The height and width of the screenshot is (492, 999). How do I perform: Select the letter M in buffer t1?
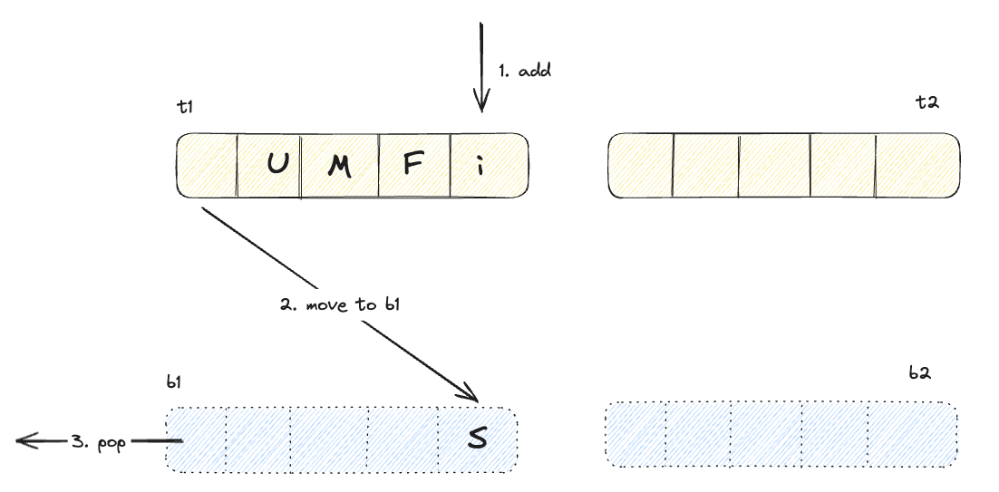pyautogui.click(x=339, y=167)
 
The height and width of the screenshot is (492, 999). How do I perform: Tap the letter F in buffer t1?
pyautogui.click(x=410, y=165)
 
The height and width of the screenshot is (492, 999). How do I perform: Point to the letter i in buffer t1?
pyautogui.click(x=480, y=165)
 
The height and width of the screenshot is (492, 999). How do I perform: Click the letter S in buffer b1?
pyautogui.click(x=477, y=439)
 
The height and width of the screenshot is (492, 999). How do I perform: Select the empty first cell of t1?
pyautogui.click(x=207, y=165)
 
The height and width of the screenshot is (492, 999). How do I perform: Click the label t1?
pyautogui.click(x=185, y=107)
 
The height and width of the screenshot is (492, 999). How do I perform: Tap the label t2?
pyautogui.click(x=926, y=101)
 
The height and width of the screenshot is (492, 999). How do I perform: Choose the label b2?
pyautogui.click(x=921, y=372)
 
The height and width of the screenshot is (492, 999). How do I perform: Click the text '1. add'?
pyautogui.click(x=524, y=71)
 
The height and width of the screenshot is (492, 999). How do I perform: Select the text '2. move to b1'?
pyautogui.click(x=340, y=304)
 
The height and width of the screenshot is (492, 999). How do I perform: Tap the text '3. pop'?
pyautogui.click(x=100, y=441)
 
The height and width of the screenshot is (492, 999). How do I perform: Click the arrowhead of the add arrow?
pyautogui.click(x=480, y=106)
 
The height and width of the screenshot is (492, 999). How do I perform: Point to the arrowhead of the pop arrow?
pyautogui.click(x=22, y=441)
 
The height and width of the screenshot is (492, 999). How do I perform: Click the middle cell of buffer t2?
pyautogui.click(x=775, y=165)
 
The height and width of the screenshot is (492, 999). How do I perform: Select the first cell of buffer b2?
pyautogui.click(x=635, y=434)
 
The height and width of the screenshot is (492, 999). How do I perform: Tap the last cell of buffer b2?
pyautogui.click(x=913, y=434)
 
